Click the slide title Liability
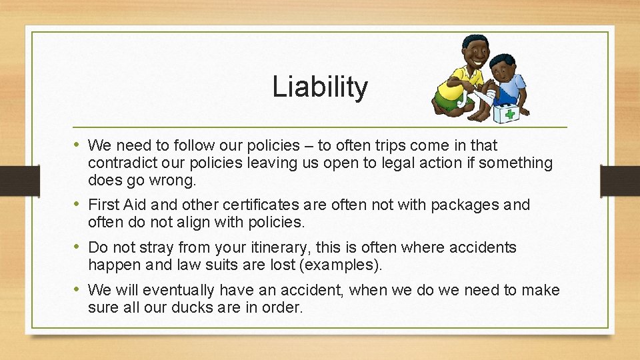tap(320, 87)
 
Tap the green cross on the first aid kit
tap(510, 113)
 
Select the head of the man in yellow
tap(475, 52)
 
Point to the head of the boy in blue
tap(503, 68)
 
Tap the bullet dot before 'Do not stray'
tap(78, 247)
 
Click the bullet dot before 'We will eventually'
tap(78, 290)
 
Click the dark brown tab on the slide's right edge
tap(620, 180)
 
